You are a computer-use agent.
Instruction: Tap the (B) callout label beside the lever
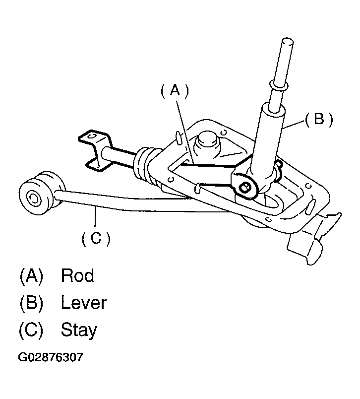[318, 119]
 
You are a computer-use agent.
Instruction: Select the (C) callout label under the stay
[95, 238]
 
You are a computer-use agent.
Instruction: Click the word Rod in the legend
[77, 275]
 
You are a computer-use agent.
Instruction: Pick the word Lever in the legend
[83, 302]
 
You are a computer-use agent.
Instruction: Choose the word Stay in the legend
[79, 330]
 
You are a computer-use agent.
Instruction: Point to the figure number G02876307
[50, 357]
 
